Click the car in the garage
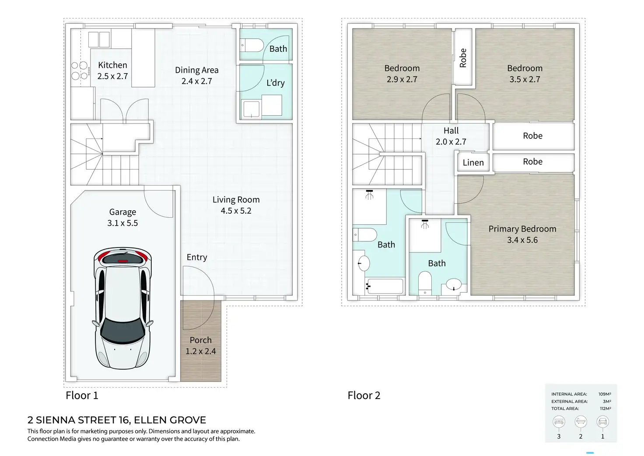click(x=122, y=308)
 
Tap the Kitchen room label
click(x=112, y=71)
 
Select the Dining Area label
click(x=196, y=75)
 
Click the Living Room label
click(x=236, y=205)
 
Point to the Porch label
click(x=201, y=346)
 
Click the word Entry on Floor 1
click(x=196, y=257)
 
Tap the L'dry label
click(x=276, y=83)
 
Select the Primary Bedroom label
click(x=522, y=234)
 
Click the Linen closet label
click(x=473, y=163)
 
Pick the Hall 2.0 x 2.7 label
click(x=451, y=136)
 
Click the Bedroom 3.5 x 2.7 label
click(x=525, y=74)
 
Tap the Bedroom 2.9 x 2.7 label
click(x=402, y=74)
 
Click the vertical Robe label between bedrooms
click(x=463, y=58)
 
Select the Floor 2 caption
click(x=364, y=395)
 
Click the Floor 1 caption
click(x=82, y=395)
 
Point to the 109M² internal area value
click(x=605, y=394)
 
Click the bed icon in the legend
click(x=559, y=422)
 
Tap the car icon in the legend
click(x=602, y=422)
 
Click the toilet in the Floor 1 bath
click(x=252, y=45)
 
